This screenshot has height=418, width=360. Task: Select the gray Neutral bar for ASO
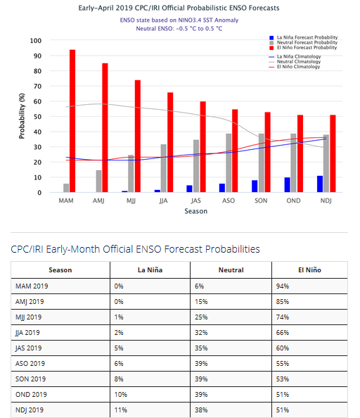[229, 163]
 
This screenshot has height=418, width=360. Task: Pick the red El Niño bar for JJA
[169, 142]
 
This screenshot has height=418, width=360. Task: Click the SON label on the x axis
[261, 201]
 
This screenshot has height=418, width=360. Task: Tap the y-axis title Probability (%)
[22, 116]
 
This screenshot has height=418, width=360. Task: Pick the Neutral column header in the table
[231, 270]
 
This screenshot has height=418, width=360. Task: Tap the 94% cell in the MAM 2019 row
[283, 286]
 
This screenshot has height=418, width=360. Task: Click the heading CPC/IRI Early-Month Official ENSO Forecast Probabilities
[135, 249]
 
